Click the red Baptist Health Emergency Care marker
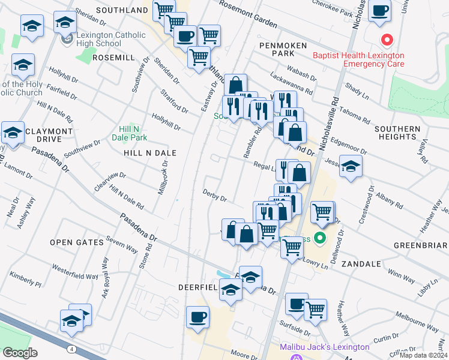pos(387,41)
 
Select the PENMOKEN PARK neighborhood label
pos(283,49)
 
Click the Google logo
pos(20,352)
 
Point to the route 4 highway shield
pos(71,349)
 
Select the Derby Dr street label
pos(215,198)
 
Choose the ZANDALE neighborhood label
pos(361,263)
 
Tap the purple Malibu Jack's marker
pos(295,358)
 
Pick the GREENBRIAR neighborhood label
pos(421,245)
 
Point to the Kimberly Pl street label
pos(25,279)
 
